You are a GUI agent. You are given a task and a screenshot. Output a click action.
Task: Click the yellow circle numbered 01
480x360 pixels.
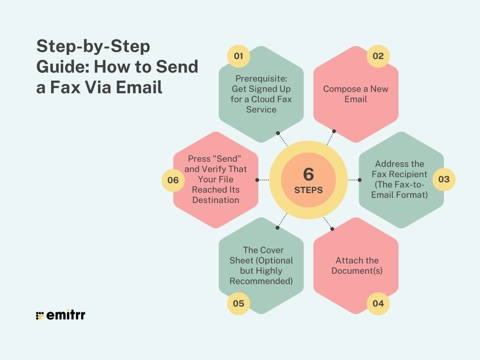coord(239,56)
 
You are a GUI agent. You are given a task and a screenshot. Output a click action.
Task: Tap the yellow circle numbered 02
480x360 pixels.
coord(378,56)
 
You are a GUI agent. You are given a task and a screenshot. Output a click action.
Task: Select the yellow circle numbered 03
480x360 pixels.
coord(443,179)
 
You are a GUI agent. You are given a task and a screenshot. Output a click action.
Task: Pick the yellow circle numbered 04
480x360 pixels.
coord(378,303)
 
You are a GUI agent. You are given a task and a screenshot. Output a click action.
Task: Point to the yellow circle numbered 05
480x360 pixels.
coord(239,303)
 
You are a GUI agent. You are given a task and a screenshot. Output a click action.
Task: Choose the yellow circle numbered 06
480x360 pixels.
coord(173,180)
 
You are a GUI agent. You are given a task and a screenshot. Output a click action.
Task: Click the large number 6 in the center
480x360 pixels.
coord(308,174)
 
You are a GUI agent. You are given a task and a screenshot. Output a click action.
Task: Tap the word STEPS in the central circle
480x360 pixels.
coord(308,191)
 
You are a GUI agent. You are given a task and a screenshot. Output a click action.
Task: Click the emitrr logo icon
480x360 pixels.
coord(40,315)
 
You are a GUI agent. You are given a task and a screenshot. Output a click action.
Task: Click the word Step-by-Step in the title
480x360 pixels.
coord(93,46)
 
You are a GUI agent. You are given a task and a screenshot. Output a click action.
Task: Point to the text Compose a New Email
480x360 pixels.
coord(356,94)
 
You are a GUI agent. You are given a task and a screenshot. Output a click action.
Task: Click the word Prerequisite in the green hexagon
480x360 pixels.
coord(261,78)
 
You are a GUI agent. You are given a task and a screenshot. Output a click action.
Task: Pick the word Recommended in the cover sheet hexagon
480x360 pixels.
coord(261,281)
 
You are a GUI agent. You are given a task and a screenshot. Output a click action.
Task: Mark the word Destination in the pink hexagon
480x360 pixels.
coord(216,200)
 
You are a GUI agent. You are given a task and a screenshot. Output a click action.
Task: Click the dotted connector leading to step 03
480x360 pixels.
coord(353,180)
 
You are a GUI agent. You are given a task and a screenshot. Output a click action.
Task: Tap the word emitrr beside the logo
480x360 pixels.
coord(66,315)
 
